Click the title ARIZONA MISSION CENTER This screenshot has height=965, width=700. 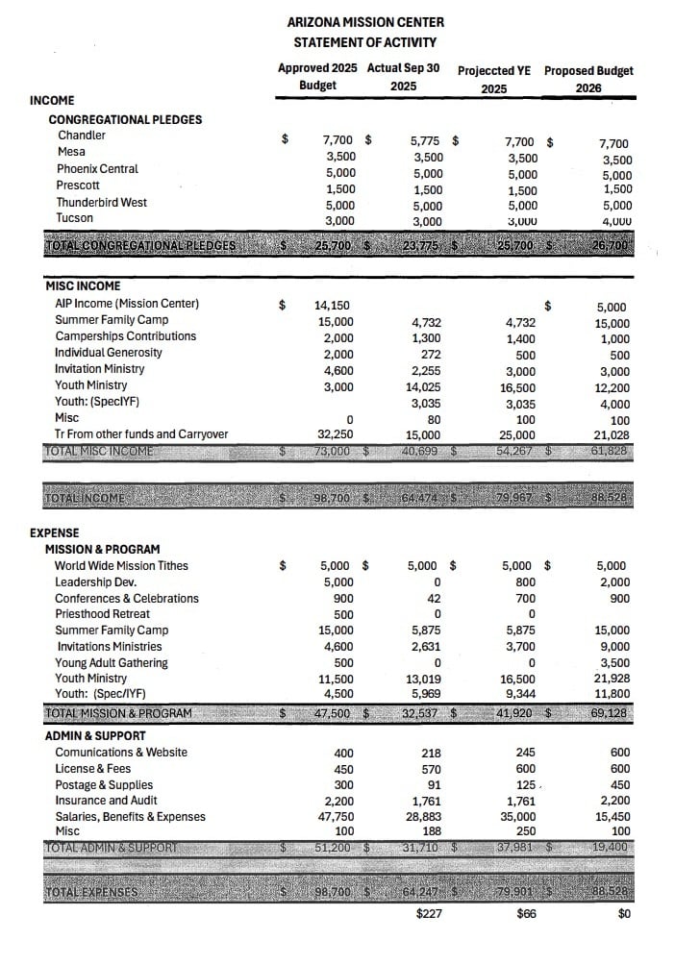[x=365, y=22]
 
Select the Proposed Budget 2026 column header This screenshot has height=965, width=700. [x=588, y=79]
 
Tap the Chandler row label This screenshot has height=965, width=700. [x=82, y=136]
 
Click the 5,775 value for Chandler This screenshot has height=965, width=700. [x=426, y=140]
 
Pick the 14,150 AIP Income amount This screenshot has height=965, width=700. [x=333, y=305]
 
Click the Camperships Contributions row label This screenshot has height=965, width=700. [x=125, y=336]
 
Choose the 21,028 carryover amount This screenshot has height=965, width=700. [x=612, y=434]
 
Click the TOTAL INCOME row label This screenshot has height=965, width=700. [x=86, y=498]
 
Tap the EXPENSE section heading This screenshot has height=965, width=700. [x=55, y=532]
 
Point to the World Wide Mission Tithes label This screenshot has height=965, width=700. [x=121, y=566]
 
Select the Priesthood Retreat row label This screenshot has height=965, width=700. [x=102, y=614]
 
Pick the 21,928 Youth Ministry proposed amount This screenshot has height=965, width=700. [x=612, y=680]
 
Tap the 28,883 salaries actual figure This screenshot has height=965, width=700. [x=424, y=817]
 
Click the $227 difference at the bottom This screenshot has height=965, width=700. [x=429, y=913]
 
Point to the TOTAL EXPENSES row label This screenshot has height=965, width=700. [x=91, y=892]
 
